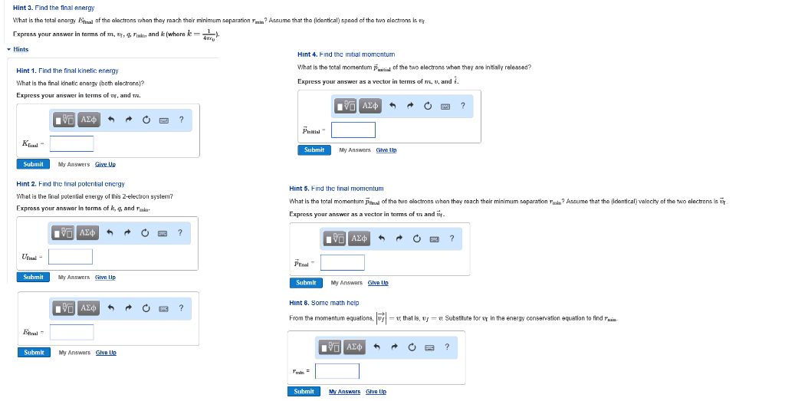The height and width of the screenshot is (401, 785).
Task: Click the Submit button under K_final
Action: click(33, 164)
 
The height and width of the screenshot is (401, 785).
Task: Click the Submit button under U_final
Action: click(33, 277)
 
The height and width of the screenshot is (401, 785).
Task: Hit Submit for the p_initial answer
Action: click(314, 150)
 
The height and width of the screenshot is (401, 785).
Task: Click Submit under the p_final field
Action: click(305, 283)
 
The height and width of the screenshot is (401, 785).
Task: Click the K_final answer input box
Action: click(72, 143)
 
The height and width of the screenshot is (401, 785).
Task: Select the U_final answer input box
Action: click(71, 257)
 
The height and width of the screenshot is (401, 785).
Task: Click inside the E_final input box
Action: click(71, 332)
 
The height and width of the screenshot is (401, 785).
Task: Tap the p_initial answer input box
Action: click(353, 130)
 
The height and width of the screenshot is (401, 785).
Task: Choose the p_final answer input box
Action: click(342, 263)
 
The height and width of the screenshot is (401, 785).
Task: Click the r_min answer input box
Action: click(337, 371)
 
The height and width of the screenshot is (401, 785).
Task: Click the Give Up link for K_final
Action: click(105, 164)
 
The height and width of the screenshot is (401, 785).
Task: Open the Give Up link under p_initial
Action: click(386, 150)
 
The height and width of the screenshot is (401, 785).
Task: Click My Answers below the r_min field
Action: click(344, 392)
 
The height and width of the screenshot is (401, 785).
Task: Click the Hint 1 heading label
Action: click(67, 71)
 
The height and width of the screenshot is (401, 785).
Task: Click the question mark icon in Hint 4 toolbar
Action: click(463, 106)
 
